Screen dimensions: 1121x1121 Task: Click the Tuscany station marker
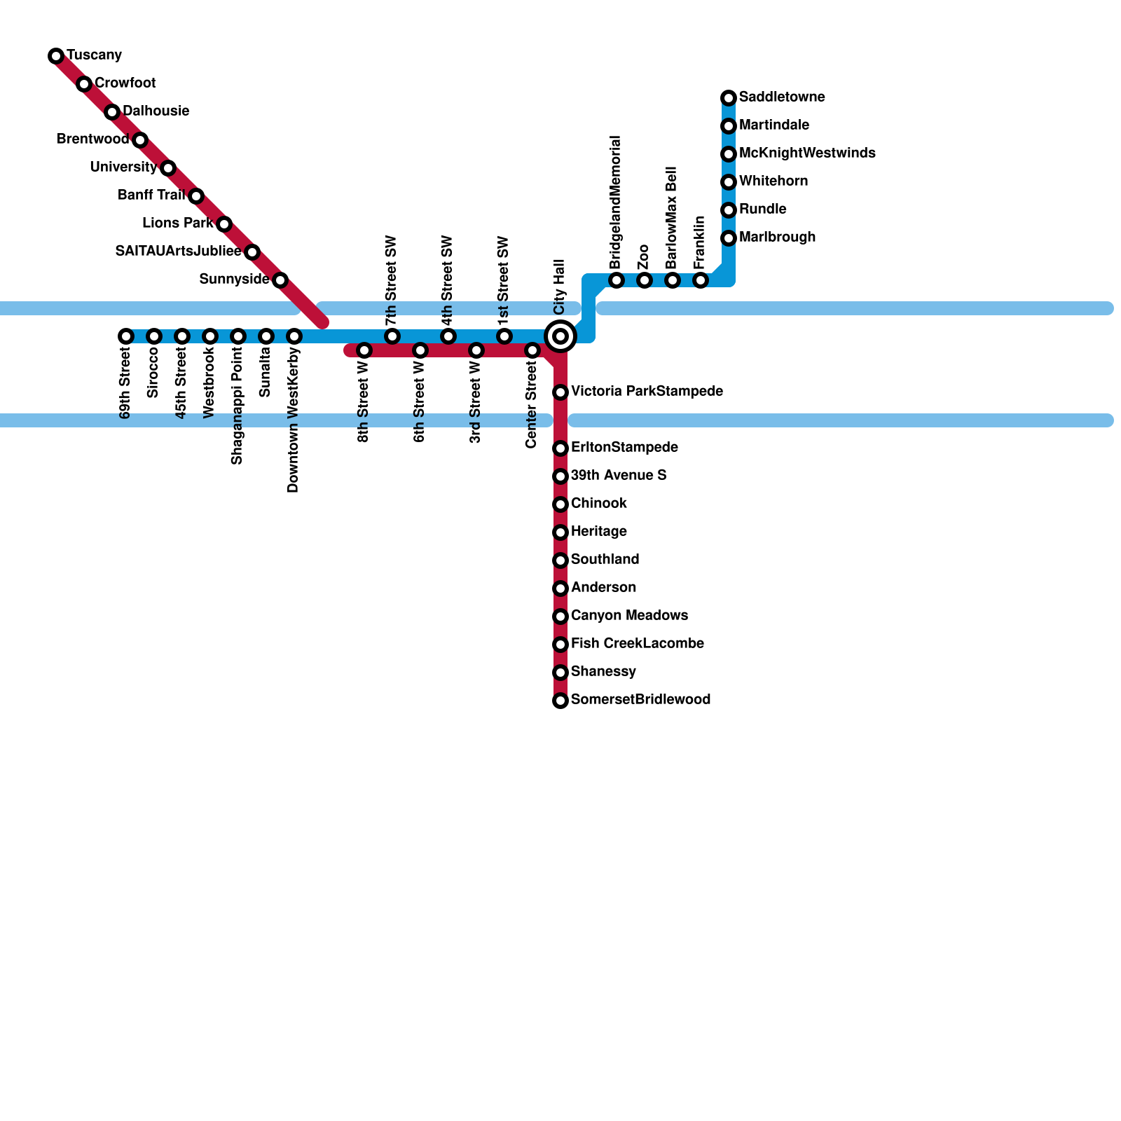56,56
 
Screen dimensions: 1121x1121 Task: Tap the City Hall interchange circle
560,336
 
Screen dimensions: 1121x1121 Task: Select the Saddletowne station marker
729,98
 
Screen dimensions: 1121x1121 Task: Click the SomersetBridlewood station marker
560,701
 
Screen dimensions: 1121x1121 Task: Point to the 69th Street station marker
126,336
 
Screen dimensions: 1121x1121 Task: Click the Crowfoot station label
125,83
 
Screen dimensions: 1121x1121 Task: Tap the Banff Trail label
151,195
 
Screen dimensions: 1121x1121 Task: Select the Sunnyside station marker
280,280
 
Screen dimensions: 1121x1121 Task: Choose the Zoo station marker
645,280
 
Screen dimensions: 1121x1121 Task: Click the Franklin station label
699,242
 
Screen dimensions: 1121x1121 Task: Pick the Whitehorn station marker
729,182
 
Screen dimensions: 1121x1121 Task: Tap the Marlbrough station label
777,237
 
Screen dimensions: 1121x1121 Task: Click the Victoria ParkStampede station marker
560,392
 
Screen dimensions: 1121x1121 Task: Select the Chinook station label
598,503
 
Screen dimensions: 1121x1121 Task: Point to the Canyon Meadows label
629,615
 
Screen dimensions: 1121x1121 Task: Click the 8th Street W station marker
364,350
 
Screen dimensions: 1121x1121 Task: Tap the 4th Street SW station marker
448,336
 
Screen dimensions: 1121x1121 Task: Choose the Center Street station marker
532,350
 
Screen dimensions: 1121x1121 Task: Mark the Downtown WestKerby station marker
294,336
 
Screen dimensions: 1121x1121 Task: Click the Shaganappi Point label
237,405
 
